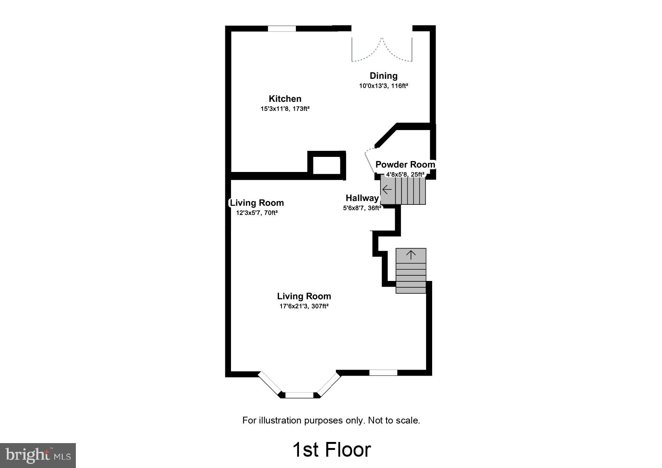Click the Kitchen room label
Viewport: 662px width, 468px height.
pos(285,99)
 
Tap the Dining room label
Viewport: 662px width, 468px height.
pos(383,76)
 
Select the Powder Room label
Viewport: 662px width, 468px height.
pos(405,164)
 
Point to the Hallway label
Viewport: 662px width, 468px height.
pos(362,198)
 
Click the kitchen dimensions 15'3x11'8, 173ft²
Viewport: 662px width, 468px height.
pos(285,109)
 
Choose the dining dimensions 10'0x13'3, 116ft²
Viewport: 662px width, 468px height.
pos(383,86)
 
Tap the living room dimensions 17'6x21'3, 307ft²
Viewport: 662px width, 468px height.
pos(304,306)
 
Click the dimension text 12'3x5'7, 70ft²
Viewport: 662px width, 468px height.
pos(257,213)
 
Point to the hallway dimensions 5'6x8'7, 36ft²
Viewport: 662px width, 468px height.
pos(362,208)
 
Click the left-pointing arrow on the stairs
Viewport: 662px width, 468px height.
pos(387,190)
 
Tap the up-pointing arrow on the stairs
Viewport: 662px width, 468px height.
pos(411,255)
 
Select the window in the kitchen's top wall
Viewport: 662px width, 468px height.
pos(282,29)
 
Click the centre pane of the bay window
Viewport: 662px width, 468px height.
pos(299,395)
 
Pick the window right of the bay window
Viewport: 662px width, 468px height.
pos(383,373)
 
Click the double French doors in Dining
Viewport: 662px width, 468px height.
pos(382,49)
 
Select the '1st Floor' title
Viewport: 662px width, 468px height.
pos(332,450)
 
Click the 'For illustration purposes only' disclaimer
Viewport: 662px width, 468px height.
pos(331,420)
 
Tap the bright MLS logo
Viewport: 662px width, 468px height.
pos(38,455)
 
